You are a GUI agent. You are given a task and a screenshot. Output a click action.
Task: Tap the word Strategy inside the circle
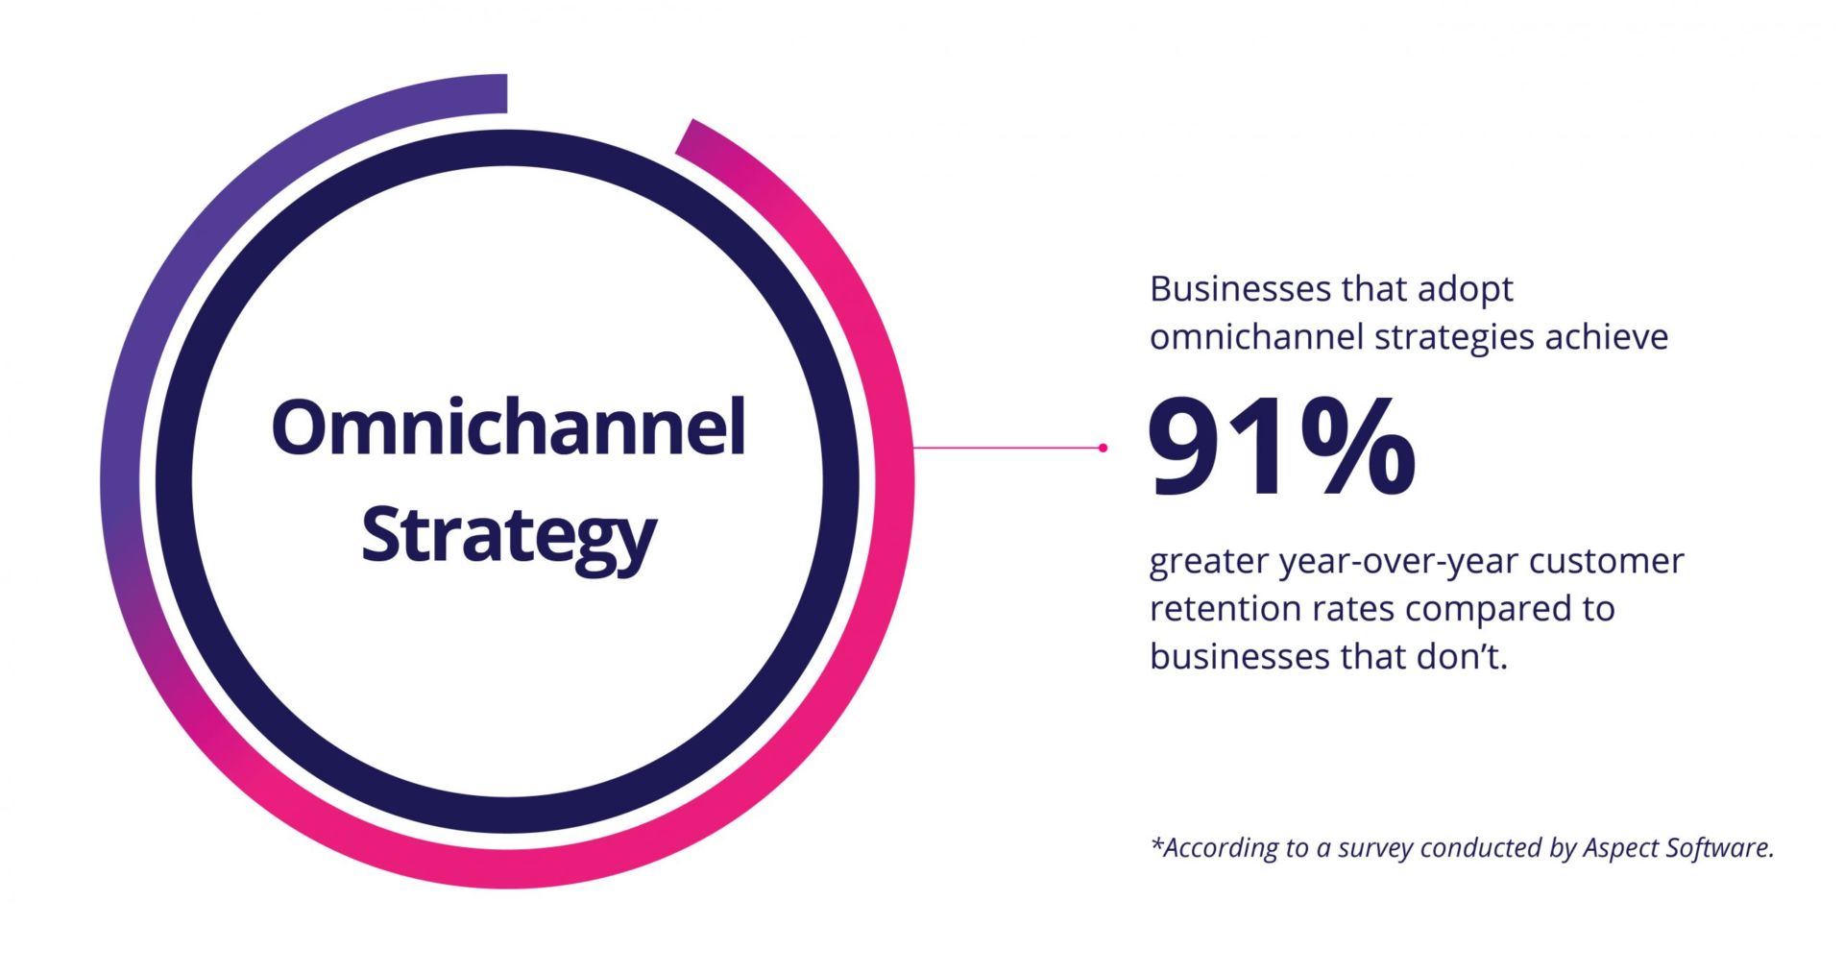(509, 537)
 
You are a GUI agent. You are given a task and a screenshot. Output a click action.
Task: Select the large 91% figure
(1282, 448)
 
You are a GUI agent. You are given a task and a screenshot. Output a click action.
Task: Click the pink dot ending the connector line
(1103, 448)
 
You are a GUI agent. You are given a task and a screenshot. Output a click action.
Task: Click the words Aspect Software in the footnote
(1678, 849)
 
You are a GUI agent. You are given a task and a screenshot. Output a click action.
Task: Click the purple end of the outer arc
(505, 93)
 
